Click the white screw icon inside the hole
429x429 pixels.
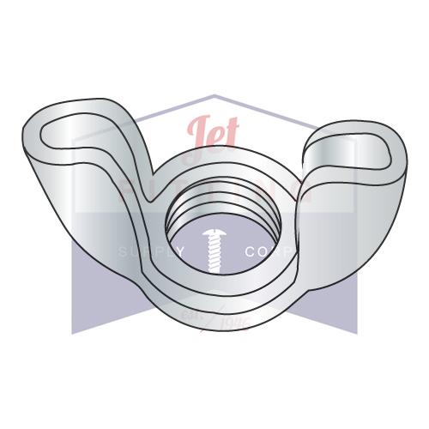click(x=213, y=244)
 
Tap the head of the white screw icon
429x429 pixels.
click(x=213, y=231)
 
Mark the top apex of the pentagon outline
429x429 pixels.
click(x=214, y=95)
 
